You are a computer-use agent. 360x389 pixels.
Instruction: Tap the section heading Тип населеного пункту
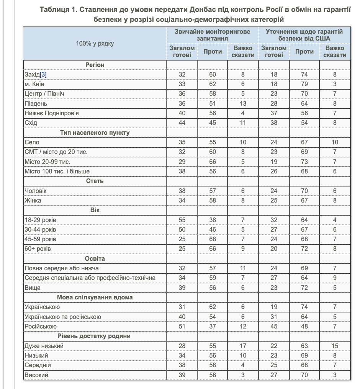click(x=95, y=133)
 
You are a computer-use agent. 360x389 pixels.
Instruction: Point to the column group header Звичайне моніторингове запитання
click(x=212, y=35)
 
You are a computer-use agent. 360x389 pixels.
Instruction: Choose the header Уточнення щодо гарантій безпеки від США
click(x=304, y=35)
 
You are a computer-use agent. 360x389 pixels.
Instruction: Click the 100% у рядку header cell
click(x=95, y=43)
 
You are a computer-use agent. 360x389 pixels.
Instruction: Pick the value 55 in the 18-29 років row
click(x=182, y=220)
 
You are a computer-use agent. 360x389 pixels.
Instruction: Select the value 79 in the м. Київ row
click(x=304, y=84)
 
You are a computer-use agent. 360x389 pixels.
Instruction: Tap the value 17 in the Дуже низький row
click(x=243, y=346)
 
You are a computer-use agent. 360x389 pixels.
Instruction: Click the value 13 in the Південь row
click(x=243, y=104)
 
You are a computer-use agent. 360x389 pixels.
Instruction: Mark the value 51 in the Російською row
click(x=182, y=327)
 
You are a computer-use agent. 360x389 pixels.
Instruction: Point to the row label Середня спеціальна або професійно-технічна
click(x=90, y=278)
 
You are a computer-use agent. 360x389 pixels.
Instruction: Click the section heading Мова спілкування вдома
click(x=95, y=297)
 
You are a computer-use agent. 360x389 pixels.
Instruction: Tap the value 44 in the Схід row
click(x=182, y=123)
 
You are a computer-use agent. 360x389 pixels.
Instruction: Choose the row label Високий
click(x=36, y=375)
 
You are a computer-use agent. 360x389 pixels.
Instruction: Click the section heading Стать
click(x=95, y=181)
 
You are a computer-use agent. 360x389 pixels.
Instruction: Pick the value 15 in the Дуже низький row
click(x=335, y=346)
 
